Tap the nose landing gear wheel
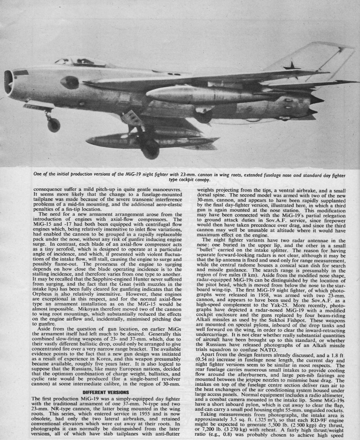(x=54, y=125)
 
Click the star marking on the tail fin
(x=292, y=66)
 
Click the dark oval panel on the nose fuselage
(x=69, y=82)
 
